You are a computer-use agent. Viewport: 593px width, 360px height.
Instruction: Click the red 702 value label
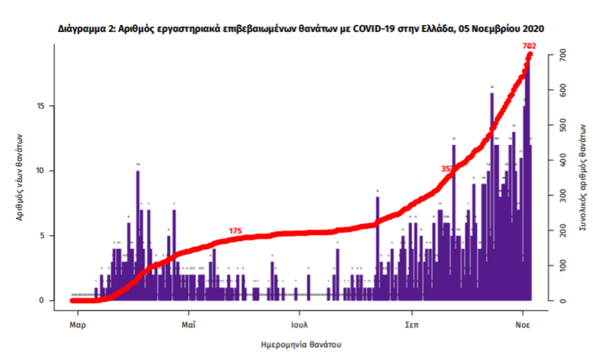coord(529,46)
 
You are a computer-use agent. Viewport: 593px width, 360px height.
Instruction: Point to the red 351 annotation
coord(447,168)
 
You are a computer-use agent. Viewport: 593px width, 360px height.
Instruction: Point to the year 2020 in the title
coord(532,28)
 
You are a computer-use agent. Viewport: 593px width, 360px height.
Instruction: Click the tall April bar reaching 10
coord(138,235)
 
